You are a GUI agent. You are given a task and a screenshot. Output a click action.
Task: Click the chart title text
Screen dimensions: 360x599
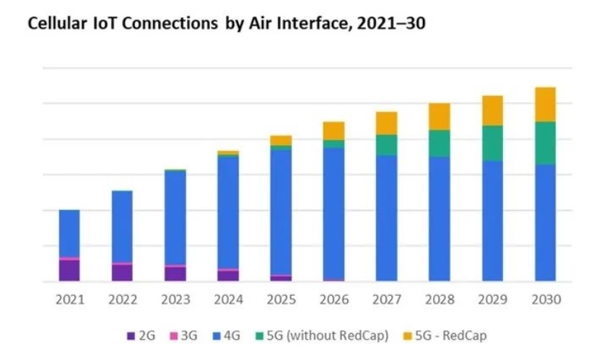pos(226,25)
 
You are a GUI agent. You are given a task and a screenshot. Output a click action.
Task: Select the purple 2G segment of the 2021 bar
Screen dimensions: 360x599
pos(69,270)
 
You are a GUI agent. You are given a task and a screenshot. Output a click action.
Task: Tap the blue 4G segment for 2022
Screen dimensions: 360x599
pos(122,227)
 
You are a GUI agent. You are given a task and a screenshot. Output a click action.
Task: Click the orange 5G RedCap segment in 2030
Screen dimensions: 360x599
pos(545,105)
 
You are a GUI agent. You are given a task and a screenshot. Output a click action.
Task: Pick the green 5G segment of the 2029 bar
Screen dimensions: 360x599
pos(492,143)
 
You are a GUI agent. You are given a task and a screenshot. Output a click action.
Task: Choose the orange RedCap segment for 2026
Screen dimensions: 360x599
pos(333,131)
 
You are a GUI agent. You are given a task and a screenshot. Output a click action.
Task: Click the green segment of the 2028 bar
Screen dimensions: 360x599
pos(440,144)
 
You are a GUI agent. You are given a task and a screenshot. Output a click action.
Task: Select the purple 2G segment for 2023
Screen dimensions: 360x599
pos(175,273)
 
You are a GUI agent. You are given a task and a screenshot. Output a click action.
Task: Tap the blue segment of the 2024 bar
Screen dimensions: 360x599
pos(228,212)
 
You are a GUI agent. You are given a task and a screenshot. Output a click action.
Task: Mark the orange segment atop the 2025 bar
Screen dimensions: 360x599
pos(281,140)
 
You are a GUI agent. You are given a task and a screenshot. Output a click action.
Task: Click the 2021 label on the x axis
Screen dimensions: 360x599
pos(69,299)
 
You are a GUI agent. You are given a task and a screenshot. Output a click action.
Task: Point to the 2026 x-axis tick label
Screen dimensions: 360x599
pos(333,299)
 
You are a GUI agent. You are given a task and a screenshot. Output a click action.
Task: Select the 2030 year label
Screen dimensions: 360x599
pos(545,299)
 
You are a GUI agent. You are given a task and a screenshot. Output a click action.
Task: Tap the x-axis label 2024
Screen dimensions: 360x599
pos(228,299)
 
